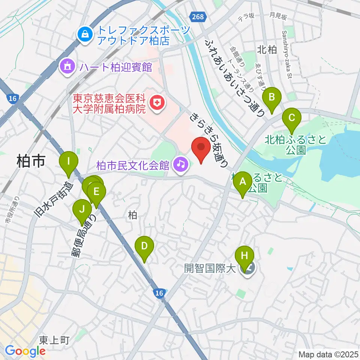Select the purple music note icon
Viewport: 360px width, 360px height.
pyautogui.click(x=180, y=164)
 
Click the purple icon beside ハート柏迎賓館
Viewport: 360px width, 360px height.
pyautogui.click(x=67, y=67)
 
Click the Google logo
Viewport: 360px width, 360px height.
pyautogui.click(x=25, y=351)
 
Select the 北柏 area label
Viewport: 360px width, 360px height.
pyautogui.click(x=267, y=50)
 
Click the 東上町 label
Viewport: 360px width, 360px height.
pyautogui.click(x=55, y=340)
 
